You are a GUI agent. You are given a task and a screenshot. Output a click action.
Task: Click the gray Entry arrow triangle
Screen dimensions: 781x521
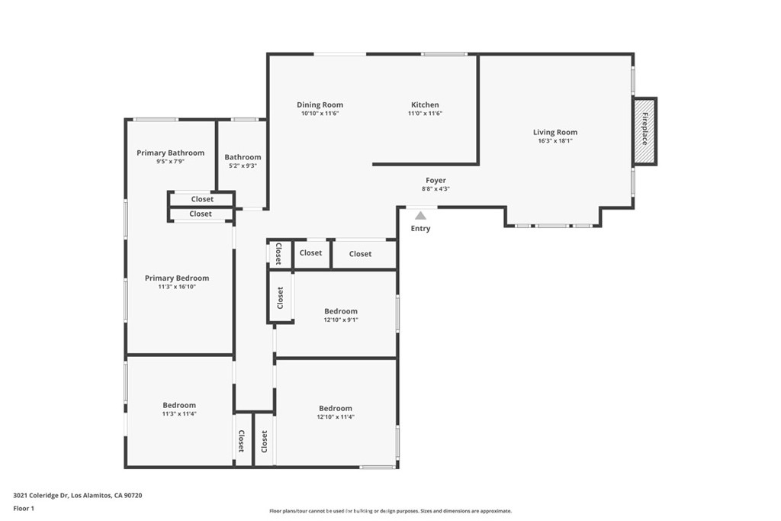(x=421, y=216)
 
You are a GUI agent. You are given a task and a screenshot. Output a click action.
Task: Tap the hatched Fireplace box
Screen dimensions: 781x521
(x=644, y=131)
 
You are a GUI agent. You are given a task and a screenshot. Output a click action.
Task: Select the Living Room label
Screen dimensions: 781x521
(x=555, y=132)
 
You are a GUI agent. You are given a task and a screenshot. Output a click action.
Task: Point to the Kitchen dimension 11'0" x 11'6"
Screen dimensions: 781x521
(x=425, y=114)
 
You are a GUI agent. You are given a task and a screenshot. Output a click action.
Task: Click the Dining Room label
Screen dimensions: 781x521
(x=320, y=105)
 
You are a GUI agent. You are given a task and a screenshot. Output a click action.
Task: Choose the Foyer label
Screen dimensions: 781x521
(x=435, y=180)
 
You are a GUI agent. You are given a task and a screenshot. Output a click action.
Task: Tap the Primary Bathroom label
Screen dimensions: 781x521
(x=170, y=153)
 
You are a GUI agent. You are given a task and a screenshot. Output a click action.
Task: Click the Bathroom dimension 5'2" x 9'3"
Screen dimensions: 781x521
(x=243, y=166)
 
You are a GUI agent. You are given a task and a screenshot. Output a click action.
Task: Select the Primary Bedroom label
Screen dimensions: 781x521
(x=177, y=278)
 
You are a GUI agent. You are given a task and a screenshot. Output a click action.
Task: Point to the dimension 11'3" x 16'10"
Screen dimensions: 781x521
(x=177, y=287)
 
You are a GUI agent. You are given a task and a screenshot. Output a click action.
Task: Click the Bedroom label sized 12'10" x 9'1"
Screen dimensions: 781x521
(x=341, y=311)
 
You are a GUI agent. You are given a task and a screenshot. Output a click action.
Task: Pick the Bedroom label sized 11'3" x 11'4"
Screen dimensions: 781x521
(x=179, y=405)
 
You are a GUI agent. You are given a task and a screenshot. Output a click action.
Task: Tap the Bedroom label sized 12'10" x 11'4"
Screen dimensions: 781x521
(x=336, y=408)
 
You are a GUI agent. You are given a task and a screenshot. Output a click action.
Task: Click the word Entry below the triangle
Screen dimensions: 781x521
(x=420, y=228)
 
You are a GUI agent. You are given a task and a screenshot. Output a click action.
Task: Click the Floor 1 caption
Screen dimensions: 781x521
(x=24, y=509)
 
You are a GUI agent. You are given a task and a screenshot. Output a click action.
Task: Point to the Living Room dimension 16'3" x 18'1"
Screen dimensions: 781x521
(x=555, y=141)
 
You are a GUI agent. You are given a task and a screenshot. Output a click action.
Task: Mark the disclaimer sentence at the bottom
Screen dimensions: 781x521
(x=390, y=511)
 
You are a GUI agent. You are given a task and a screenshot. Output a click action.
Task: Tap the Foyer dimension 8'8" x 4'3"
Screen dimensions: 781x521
(x=435, y=189)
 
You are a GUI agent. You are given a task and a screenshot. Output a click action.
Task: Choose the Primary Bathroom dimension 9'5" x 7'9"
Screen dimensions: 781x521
(x=170, y=162)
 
